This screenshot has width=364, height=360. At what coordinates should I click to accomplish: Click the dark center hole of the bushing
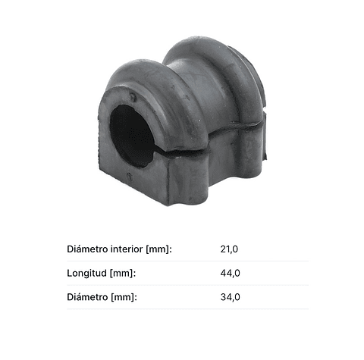pos(131,136)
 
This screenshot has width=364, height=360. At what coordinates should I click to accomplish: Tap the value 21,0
pos(229,249)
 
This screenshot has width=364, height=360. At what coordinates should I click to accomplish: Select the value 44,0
pos(230,273)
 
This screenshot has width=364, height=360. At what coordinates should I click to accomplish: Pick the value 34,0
pos(230,297)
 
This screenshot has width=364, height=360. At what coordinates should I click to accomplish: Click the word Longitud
pos(87,274)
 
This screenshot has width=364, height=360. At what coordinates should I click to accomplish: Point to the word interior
pos(127,249)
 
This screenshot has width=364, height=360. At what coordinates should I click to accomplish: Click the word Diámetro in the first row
pos(87,249)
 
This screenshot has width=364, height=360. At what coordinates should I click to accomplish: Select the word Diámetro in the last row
pos(87,297)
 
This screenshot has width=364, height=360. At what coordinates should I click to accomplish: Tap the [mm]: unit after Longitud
pos(123,274)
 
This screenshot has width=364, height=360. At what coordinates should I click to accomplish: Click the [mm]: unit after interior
pos(159,249)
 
